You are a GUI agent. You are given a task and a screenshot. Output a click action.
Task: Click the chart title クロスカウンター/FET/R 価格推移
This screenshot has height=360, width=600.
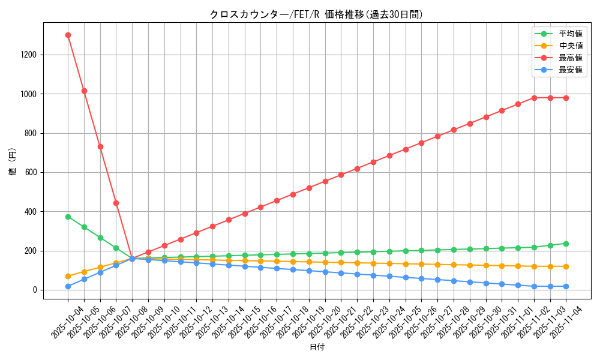point(316,14)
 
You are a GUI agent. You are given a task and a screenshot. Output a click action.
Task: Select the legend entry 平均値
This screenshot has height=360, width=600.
point(571,34)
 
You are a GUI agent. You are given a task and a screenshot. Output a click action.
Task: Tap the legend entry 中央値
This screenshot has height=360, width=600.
point(571,46)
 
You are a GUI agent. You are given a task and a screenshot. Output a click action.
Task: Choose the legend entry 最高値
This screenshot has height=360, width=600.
point(571,58)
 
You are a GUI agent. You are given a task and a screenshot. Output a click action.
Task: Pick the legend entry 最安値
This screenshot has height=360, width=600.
point(571,70)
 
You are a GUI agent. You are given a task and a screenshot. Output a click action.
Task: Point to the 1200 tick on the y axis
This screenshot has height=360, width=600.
point(29,55)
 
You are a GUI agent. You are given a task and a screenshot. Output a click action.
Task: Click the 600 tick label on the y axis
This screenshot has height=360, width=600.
point(31,173)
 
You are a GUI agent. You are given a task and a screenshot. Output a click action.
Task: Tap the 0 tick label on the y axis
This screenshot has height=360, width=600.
point(35,290)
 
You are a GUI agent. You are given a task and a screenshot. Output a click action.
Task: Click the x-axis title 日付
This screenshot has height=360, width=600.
point(317,347)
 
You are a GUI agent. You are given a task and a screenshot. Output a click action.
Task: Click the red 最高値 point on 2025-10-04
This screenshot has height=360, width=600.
point(68,35)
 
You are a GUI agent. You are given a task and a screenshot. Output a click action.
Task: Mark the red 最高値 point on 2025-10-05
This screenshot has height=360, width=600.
point(84,91)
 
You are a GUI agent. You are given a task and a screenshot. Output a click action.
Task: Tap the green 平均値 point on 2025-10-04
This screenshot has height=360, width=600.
point(68,217)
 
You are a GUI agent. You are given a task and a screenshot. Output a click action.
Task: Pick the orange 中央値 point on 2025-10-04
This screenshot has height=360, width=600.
point(68,276)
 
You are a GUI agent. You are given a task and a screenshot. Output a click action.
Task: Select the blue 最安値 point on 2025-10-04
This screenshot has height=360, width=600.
point(68,286)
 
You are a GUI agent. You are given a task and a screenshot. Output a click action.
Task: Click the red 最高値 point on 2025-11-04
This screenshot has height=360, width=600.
point(566,98)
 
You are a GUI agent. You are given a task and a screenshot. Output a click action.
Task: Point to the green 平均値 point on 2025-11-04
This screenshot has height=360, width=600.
point(566,244)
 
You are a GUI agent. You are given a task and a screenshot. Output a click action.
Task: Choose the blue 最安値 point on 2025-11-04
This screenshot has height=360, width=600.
point(566,286)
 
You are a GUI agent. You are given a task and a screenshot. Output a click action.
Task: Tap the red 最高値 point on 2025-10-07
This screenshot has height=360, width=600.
point(116,203)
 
